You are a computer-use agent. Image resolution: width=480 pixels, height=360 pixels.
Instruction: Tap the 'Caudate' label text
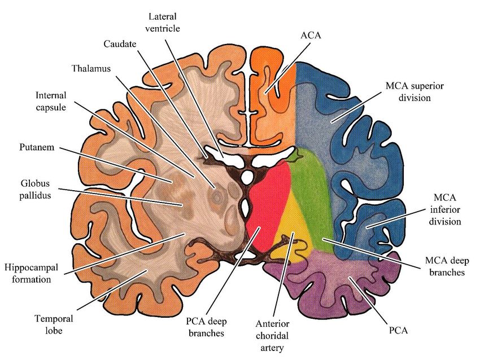coord(120,43)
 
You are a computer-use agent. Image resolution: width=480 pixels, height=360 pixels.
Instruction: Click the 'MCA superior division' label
coord(415,92)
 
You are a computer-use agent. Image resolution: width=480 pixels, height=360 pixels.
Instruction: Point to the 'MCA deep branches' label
coord(444,267)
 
